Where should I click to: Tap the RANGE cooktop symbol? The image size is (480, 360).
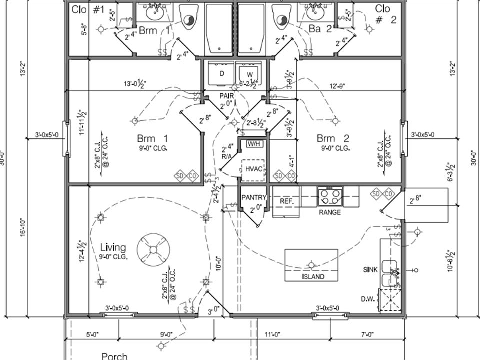click(330, 196)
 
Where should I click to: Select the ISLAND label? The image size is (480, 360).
click(313, 276)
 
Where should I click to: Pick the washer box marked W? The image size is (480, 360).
click(249, 74)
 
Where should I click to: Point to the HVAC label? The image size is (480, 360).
click(254, 169)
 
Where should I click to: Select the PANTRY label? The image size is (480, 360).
click(254, 198)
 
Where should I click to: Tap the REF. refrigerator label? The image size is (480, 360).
click(286, 201)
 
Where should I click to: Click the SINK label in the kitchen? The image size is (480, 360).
click(370, 269)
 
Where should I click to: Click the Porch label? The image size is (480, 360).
click(114, 356)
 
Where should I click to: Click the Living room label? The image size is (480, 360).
click(113, 247)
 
